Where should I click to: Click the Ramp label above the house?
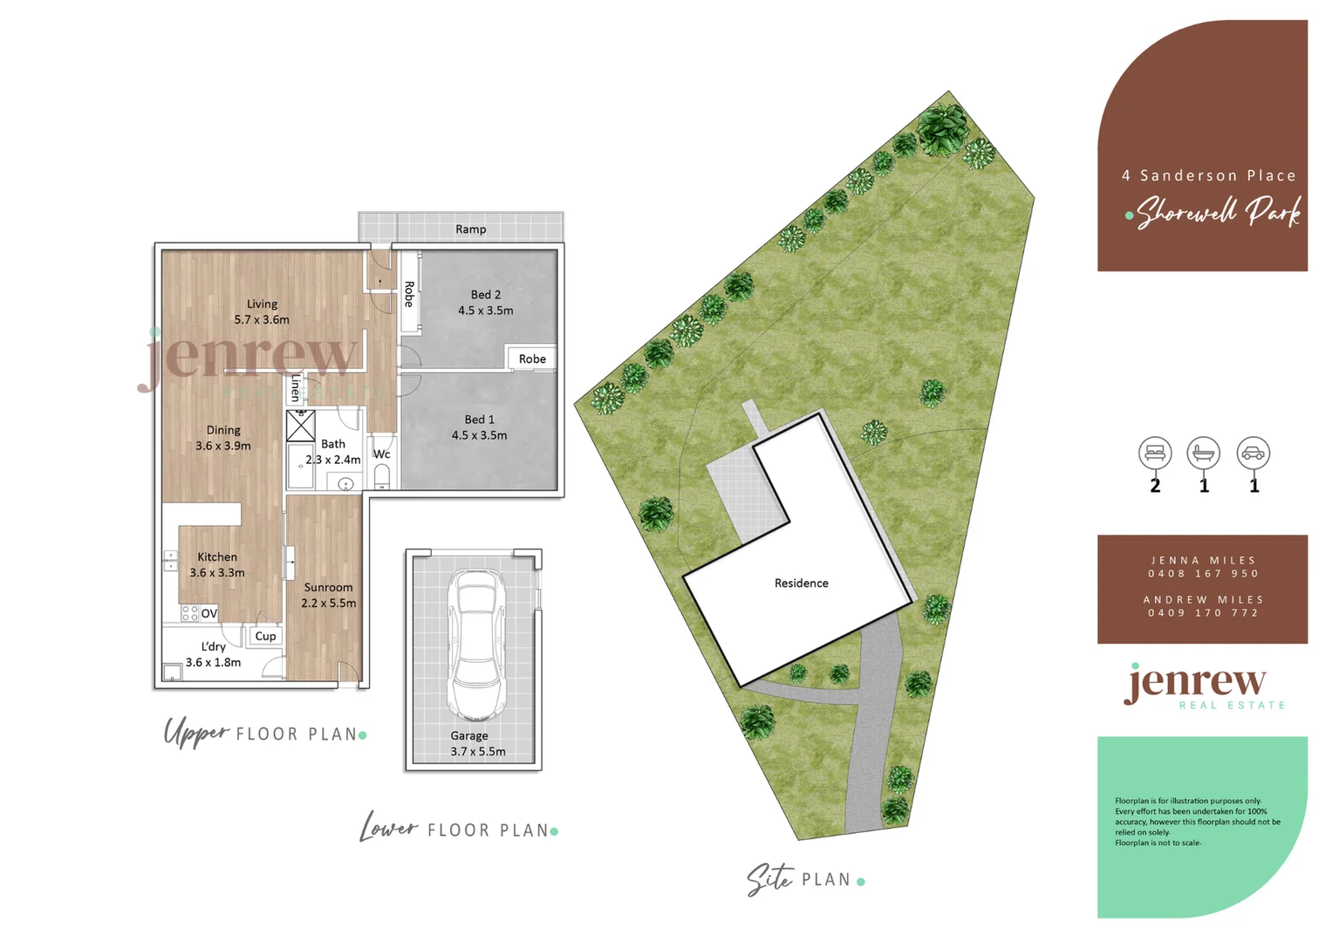pyautogui.click(x=470, y=229)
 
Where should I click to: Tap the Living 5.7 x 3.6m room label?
pyautogui.click(x=262, y=311)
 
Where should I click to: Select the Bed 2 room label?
pyautogui.click(x=486, y=303)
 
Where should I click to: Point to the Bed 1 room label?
pyautogui.click(x=479, y=427)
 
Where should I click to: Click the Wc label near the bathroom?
pyautogui.click(x=381, y=454)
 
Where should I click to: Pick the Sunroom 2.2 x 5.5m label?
pyautogui.click(x=329, y=595)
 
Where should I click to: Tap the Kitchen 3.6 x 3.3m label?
pyautogui.click(x=217, y=564)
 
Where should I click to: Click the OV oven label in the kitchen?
pyautogui.click(x=209, y=613)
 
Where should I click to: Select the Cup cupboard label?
pyautogui.click(x=265, y=636)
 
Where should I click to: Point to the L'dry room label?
pyautogui.click(x=214, y=654)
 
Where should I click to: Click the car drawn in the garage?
pyautogui.click(x=475, y=644)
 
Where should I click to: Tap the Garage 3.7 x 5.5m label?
pyautogui.click(x=477, y=743)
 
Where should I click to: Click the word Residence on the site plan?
pyautogui.click(x=802, y=583)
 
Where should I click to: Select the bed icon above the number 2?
pyautogui.click(x=1155, y=453)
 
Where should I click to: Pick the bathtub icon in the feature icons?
pyautogui.click(x=1204, y=453)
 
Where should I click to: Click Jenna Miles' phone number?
pyautogui.click(x=1203, y=573)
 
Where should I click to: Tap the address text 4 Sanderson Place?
pyautogui.click(x=1208, y=175)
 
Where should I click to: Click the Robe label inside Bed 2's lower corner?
pyautogui.click(x=532, y=358)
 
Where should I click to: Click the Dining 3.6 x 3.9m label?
pyautogui.click(x=223, y=438)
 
